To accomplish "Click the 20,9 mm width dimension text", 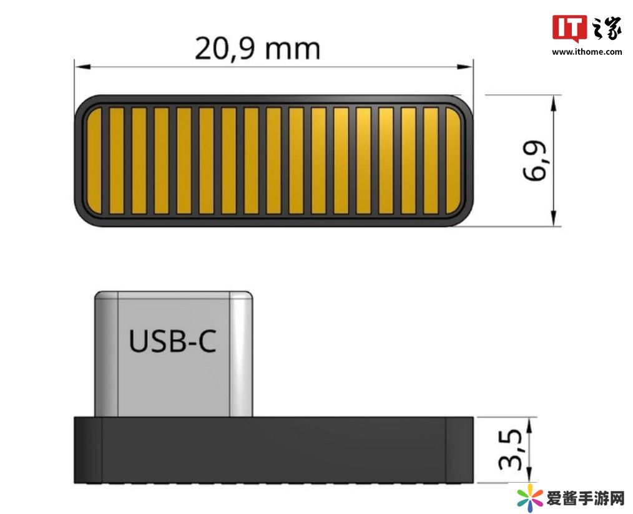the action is pos(258,49).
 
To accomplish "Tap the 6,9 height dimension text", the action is pos(534,160).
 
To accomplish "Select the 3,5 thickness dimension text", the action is pos(510,450).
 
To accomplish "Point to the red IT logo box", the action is pos(569,28).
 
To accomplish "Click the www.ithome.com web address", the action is pos(587,52).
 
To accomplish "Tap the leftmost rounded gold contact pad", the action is pos(94,160).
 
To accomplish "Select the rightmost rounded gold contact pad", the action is pos(453,160).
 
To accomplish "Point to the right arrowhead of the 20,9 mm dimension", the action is pos(465,66).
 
